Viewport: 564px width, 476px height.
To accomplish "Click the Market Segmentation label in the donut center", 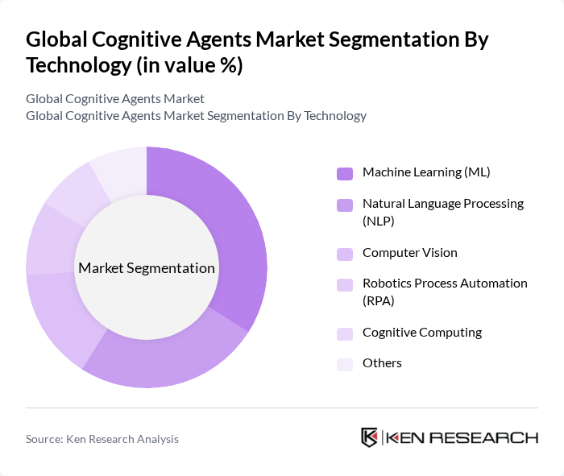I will (147, 268).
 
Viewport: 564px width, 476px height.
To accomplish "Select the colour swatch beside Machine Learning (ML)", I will (345, 173).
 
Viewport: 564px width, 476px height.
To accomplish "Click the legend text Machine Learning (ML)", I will (426, 172).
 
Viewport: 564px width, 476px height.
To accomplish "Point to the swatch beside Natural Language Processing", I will (345, 205).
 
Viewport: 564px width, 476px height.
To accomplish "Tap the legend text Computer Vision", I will (409, 253).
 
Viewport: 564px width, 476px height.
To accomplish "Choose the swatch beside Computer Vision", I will (345, 254).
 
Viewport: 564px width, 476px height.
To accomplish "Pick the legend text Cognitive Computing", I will (422, 333).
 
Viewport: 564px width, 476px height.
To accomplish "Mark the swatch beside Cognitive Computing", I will (345, 333).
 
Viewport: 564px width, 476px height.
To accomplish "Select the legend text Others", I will (382, 363).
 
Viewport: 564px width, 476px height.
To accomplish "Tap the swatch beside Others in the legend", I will (345, 364).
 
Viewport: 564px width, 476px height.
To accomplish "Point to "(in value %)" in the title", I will (189, 65).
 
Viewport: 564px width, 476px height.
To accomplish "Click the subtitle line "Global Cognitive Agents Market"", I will (115, 99).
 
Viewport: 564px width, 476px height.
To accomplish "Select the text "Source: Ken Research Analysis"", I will (102, 439).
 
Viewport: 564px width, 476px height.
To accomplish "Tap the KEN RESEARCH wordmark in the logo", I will (462, 437).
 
